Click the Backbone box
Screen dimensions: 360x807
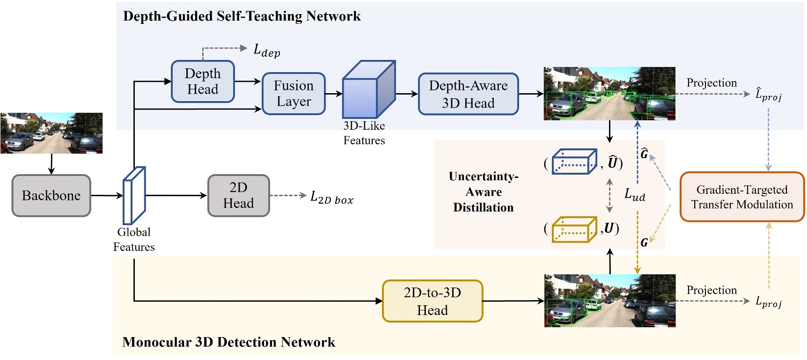click(51, 196)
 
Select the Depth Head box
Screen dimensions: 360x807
click(203, 81)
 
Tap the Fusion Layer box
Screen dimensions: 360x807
click(293, 94)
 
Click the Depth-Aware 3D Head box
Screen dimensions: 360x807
click(468, 94)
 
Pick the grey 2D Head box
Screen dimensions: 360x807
click(238, 196)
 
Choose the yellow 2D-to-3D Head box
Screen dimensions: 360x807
click(432, 301)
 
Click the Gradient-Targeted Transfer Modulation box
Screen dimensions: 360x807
click(742, 197)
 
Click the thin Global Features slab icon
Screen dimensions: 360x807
click(134, 196)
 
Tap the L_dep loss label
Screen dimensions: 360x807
click(267, 50)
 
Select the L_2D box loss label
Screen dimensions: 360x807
click(331, 198)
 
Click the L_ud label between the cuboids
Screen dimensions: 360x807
click(635, 194)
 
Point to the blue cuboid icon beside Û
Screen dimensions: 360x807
click(574, 162)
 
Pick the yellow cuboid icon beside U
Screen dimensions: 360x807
click(574, 229)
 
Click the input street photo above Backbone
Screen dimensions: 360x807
click(51, 133)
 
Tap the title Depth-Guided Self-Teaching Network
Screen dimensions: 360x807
click(242, 16)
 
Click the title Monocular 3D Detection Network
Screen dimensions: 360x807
click(228, 342)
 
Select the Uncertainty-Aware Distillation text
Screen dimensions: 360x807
click(484, 192)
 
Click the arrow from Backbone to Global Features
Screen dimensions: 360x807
click(107, 196)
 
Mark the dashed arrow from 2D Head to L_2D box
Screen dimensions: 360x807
click(287, 195)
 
